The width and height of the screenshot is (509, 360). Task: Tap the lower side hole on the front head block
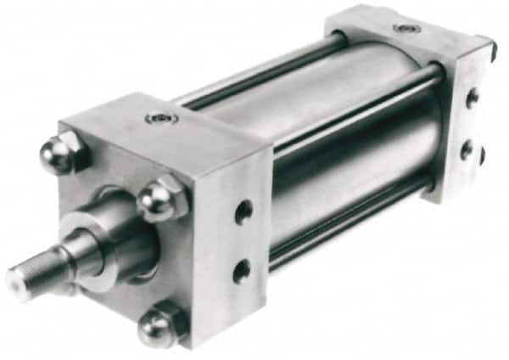(242, 271)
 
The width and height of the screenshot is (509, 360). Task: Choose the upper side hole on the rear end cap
(471, 98)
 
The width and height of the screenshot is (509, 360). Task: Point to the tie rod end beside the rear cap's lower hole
(482, 155)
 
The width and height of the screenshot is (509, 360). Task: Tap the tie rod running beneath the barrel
(356, 225)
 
